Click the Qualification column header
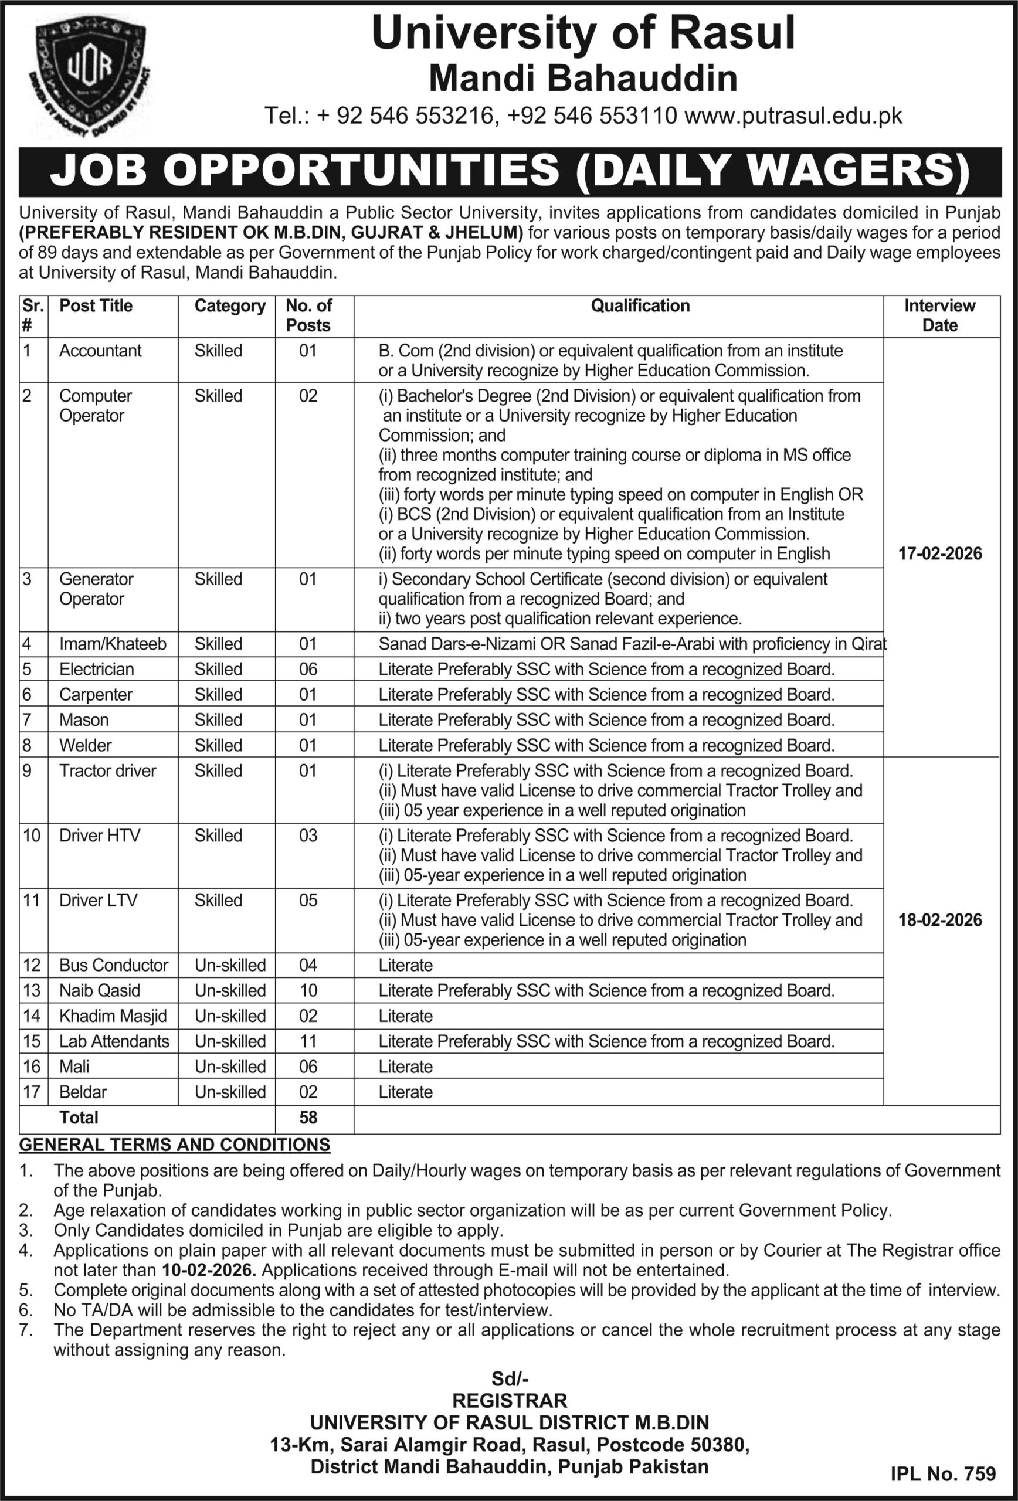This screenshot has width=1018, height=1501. click(640, 305)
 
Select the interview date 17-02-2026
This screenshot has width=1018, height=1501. click(940, 553)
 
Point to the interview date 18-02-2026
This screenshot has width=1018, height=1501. click(940, 920)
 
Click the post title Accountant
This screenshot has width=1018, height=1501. click(100, 351)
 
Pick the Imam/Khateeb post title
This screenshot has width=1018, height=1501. click(113, 644)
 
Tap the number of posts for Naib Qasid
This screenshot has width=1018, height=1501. click(308, 990)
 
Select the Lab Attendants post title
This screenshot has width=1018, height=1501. click(114, 1041)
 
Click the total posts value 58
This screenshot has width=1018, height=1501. click(308, 1118)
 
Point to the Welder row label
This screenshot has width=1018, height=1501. click(85, 745)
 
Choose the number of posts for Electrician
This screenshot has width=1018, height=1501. click(308, 669)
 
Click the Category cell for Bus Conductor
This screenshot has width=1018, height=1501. click(230, 965)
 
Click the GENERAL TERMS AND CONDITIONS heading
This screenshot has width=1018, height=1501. click(174, 1145)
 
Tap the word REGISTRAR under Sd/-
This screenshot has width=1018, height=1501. click(510, 1400)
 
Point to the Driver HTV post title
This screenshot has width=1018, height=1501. click(100, 836)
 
